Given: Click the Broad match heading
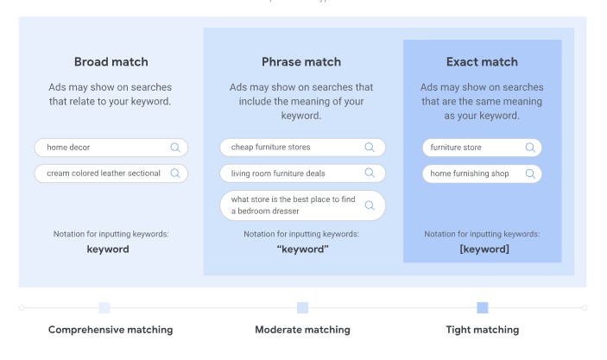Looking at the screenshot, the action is point(111,62).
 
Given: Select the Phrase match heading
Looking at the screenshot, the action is point(301,62).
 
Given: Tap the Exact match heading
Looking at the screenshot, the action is point(482,62).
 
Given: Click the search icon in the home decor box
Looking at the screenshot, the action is point(175,148).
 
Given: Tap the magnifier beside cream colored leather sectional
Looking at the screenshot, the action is point(175,174).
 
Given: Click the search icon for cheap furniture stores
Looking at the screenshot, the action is point(370,147).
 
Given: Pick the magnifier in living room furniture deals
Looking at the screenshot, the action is point(370,173).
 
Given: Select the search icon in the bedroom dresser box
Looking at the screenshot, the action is point(370,205).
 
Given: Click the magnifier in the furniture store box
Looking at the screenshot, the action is point(530,148).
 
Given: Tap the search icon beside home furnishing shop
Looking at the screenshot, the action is point(530,174).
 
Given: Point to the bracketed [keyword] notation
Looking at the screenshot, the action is point(484,249).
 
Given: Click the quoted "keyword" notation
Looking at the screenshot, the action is point(303,249).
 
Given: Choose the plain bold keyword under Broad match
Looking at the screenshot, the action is point(108,249).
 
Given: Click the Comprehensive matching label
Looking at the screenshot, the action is point(111,330).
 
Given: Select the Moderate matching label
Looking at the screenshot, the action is point(303,330).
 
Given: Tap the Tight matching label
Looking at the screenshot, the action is point(483,330).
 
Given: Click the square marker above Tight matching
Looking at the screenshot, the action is point(483,307).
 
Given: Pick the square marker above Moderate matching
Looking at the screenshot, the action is point(303,307).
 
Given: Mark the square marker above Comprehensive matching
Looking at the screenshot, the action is point(104,307).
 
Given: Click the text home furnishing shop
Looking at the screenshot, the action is point(470,174).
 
